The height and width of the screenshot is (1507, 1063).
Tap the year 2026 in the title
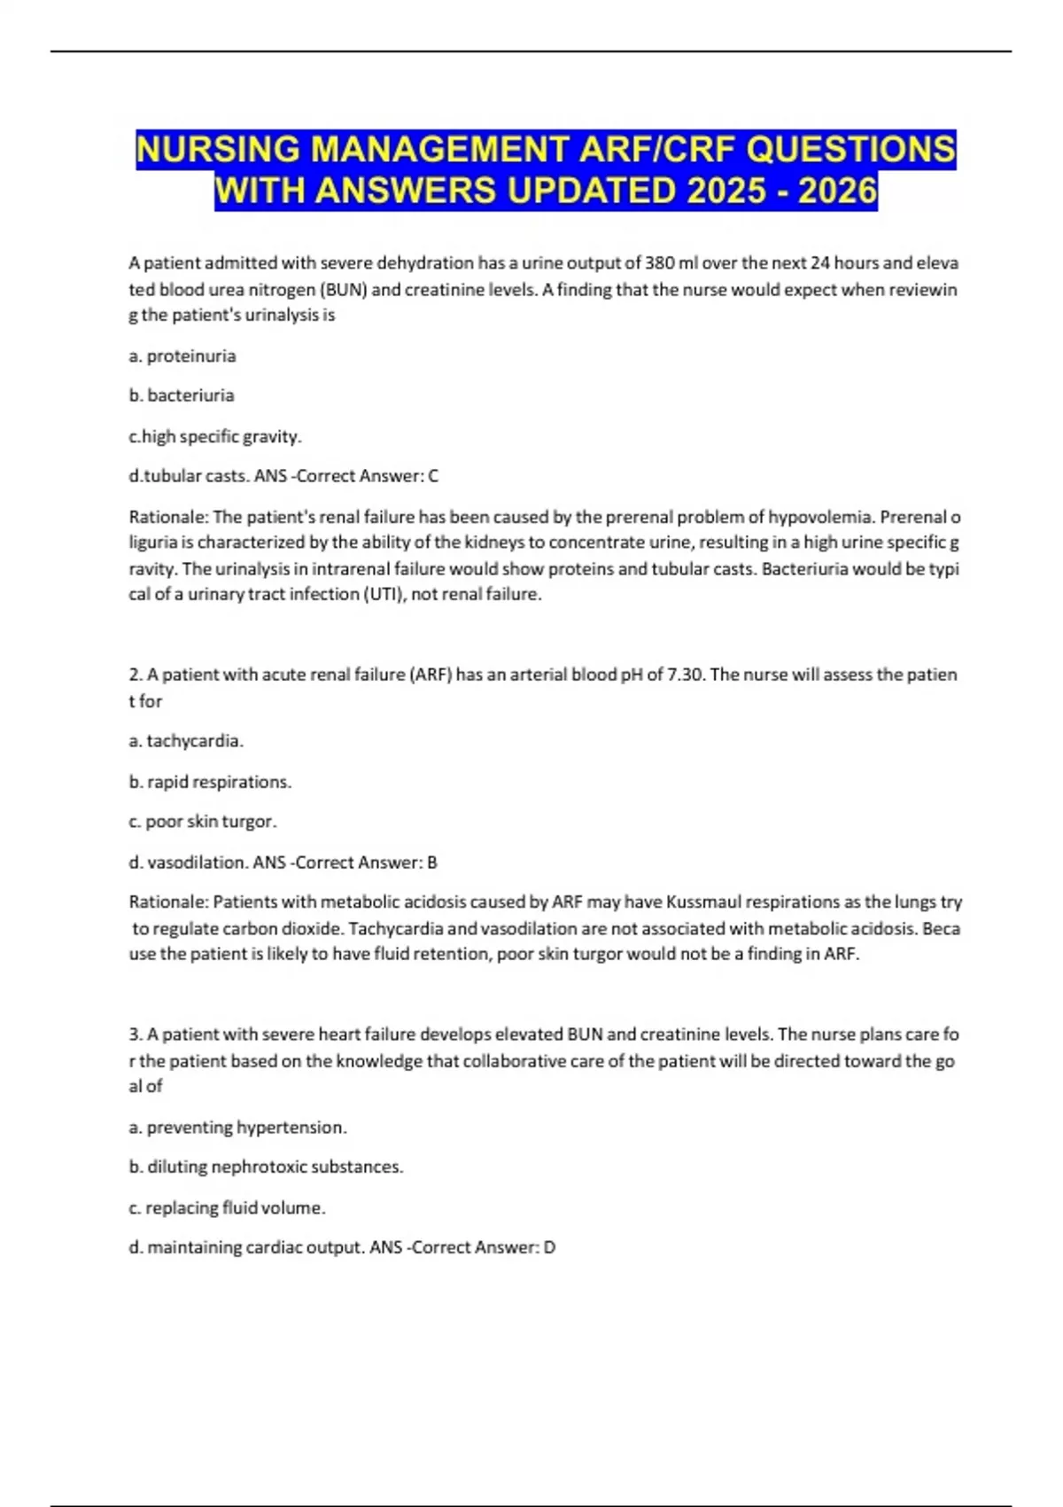837,191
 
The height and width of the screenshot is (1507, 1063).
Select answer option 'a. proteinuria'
182,356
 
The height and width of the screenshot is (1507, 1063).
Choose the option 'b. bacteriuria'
182,395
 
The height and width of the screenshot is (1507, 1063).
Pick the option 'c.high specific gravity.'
215,436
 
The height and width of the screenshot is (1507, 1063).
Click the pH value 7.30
684,675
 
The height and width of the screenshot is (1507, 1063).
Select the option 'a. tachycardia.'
186,741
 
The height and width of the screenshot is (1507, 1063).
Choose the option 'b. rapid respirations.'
210,782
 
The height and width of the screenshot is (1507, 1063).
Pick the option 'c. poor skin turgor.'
203,822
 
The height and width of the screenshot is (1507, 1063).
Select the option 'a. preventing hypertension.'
237,1128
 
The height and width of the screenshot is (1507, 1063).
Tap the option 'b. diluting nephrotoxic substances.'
266,1167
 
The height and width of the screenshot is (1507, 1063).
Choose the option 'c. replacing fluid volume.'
227,1208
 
